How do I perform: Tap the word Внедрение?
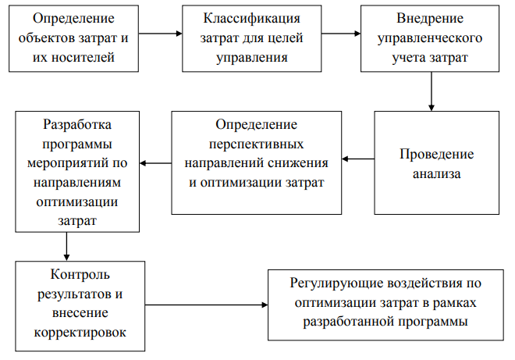[x=431, y=18]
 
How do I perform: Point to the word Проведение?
[x=437, y=154]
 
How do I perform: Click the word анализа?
[x=437, y=173]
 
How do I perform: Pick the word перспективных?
[x=257, y=144]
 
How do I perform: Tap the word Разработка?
[x=77, y=124]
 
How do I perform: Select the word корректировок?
[x=80, y=332]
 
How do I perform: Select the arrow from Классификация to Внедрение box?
[x=340, y=34]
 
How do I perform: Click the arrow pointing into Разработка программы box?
[x=155, y=163]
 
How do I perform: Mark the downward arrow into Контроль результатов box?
[x=66, y=246]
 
